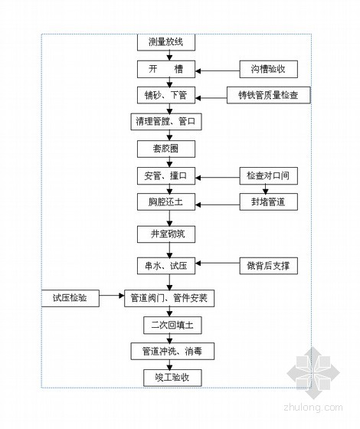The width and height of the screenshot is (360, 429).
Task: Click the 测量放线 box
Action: (x=166, y=42)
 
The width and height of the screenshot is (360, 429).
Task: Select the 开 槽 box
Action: (x=166, y=69)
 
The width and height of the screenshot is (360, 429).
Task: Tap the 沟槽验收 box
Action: (x=269, y=69)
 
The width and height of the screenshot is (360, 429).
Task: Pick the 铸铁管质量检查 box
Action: (x=269, y=95)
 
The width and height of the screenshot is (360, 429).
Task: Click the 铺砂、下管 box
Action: (x=166, y=95)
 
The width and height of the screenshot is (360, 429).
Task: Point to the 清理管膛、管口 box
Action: (x=166, y=122)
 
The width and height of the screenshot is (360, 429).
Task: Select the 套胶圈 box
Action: (x=166, y=149)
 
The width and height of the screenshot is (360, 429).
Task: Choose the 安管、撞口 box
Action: (x=166, y=175)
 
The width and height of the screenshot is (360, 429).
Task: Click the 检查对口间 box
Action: (x=269, y=175)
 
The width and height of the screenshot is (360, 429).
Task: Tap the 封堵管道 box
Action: (x=269, y=202)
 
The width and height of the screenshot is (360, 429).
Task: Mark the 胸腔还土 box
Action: (x=166, y=202)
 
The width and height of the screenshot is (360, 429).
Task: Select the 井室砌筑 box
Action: (x=166, y=234)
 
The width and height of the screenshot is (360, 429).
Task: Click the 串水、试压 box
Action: (x=166, y=266)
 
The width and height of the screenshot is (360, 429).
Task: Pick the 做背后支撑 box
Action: (x=269, y=266)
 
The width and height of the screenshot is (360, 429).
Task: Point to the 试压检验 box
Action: (x=70, y=298)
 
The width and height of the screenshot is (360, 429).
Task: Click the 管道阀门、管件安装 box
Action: (x=169, y=298)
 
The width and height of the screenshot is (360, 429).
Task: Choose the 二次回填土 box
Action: (x=172, y=326)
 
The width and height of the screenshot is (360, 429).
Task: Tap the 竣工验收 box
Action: (x=172, y=378)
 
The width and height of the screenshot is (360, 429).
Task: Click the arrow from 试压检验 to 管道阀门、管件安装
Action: (x=112, y=296)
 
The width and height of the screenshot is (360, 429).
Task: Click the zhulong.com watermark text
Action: (x=313, y=408)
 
